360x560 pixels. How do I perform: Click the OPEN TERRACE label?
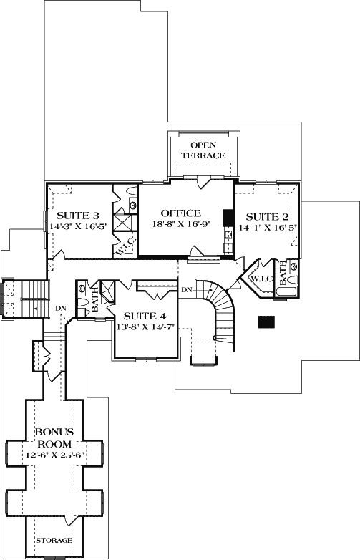[x=203, y=150]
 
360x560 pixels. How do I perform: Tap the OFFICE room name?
[x=181, y=213]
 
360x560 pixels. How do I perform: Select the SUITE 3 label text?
[x=78, y=216]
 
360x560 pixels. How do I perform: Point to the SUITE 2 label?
[x=267, y=217]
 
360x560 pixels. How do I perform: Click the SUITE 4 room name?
[x=145, y=316]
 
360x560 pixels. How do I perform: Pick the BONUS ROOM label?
[x=54, y=438]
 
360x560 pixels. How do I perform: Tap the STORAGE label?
[x=54, y=541]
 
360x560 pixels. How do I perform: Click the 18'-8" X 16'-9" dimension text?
[x=180, y=224]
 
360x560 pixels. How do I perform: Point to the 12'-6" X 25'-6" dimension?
[x=57, y=455]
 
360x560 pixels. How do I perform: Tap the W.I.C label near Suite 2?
[x=262, y=279]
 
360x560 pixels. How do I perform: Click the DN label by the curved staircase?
[x=187, y=290]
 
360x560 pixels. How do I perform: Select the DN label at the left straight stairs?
[x=60, y=308]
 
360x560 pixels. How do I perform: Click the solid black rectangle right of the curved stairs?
[x=266, y=322]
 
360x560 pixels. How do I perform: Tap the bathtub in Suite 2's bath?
[x=286, y=291]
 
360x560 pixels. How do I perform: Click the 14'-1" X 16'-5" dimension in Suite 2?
[x=268, y=227]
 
